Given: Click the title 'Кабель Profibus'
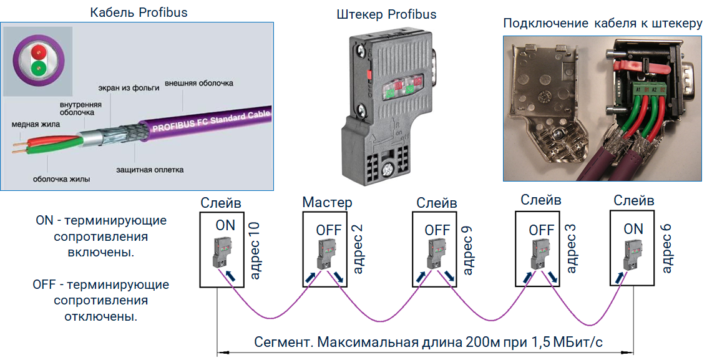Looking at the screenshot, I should [139, 12].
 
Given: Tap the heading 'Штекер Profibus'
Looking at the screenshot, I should [386, 14].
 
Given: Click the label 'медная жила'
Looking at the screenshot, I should [36, 124].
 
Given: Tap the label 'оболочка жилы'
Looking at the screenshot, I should [62, 179].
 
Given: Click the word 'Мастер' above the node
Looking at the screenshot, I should [327, 202].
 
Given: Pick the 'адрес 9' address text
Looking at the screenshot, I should [467, 250].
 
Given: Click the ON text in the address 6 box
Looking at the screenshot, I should [633, 229].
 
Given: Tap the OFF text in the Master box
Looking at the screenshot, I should [328, 230].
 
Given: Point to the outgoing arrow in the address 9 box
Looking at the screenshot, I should [449, 276].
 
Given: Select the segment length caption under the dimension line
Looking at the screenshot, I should [428, 343].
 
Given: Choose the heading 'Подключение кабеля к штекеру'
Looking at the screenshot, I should [603, 24].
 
